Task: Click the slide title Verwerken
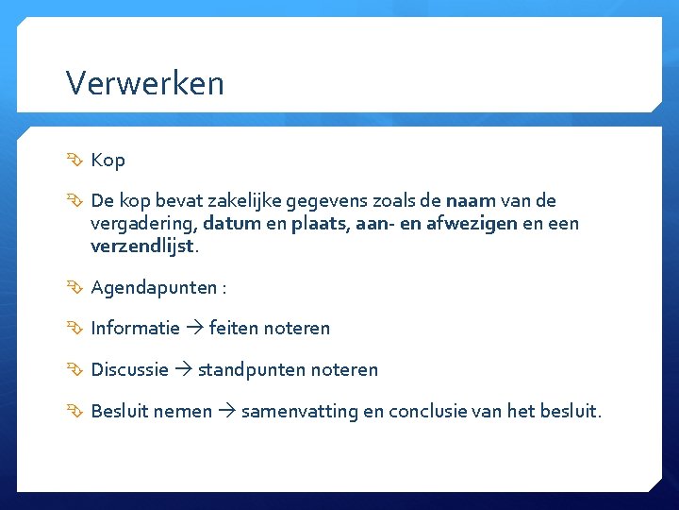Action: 145,83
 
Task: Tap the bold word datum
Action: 224,224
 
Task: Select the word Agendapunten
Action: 153,287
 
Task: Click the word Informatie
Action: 135,329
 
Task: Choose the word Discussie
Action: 129,370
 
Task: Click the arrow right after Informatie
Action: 194,329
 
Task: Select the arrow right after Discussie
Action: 183,370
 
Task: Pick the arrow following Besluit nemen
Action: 226,412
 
